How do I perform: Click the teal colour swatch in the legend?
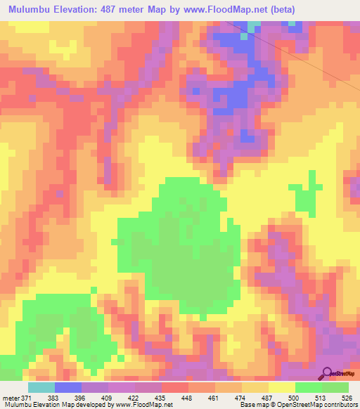tap(41, 388)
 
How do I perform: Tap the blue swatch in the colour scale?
tap(68, 388)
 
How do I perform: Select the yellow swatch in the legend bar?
tap(281, 388)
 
